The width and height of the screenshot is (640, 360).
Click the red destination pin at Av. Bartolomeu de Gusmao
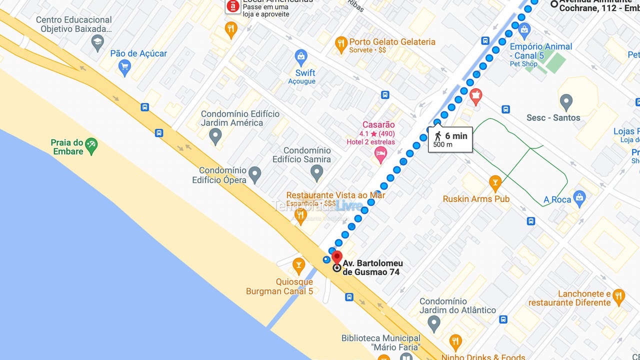coord(337,257)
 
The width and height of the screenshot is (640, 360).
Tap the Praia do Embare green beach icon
coord(91,146)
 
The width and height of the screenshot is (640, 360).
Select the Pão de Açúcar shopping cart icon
coord(125,66)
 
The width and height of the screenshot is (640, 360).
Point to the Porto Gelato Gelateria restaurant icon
coord(341,43)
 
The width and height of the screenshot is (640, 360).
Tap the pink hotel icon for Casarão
coord(381,154)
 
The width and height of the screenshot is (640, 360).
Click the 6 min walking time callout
coord(450,139)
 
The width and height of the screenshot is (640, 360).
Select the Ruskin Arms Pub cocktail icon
coord(495,183)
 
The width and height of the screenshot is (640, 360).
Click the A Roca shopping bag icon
coord(579,198)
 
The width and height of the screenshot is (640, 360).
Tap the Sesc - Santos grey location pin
coord(566,102)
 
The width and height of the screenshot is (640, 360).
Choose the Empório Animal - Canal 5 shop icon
coord(524,31)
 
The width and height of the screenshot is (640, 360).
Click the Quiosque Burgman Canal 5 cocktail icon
coord(299,265)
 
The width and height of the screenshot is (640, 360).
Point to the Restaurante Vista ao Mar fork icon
coord(300,215)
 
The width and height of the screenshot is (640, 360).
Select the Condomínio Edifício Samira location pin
coord(316,173)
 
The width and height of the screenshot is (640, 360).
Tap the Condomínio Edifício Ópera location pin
coord(255,174)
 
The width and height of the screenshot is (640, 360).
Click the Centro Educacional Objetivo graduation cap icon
coord(98,42)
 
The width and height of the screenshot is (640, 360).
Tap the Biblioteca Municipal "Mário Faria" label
coord(381,342)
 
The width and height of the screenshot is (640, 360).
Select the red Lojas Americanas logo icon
coord(232,6)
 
